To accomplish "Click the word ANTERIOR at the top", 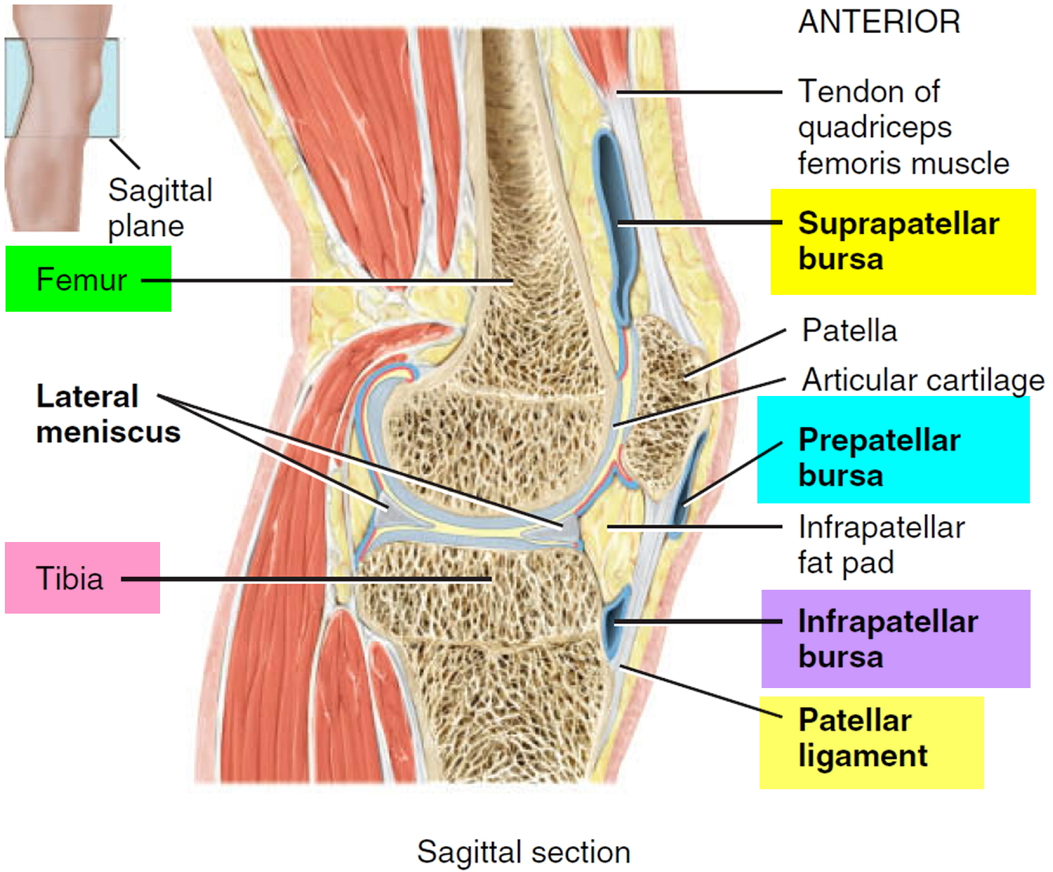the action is (x=879, y=22).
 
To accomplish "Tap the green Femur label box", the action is (x=88, y=279).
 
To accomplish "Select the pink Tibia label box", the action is (x=83, y=578).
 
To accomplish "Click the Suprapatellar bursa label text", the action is (x=898, y=241).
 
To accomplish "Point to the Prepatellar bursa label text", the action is (x=880, y=458).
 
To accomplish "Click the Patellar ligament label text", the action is (x=863, y=737).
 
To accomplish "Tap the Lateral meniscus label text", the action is (x=108, y=414).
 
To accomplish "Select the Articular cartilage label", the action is (x=923, y=380).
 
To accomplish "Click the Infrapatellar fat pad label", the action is (x=882, y=546).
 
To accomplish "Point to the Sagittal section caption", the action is (x=524, y=852).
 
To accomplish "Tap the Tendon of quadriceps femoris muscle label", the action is (x=903, y=127).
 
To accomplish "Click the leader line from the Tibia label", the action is (x=307, y=579).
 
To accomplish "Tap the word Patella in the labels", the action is (x=849, y=331).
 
